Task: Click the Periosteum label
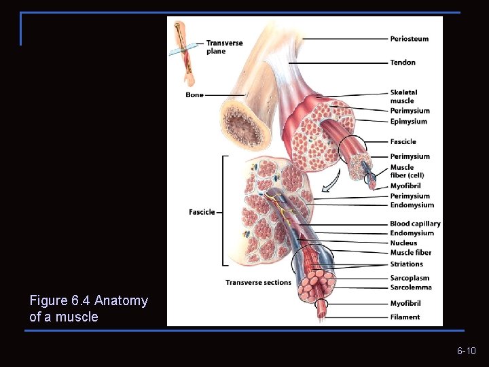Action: [409, 39]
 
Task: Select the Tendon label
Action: [403, 63]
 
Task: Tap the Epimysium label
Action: [408, 122]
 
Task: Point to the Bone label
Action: [194, 95]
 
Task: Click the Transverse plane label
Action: [224, 47]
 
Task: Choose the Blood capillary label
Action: [415, 224]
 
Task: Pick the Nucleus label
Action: [403, 243]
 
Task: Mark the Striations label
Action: [406, 264]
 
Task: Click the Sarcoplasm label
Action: [410, 278]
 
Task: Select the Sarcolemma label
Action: [411, 287]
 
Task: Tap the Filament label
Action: [405, 317]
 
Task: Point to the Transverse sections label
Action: [258, 282]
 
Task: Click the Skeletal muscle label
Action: [403, 97]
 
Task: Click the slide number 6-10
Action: [467, 351]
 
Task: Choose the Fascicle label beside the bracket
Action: [202, 212]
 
